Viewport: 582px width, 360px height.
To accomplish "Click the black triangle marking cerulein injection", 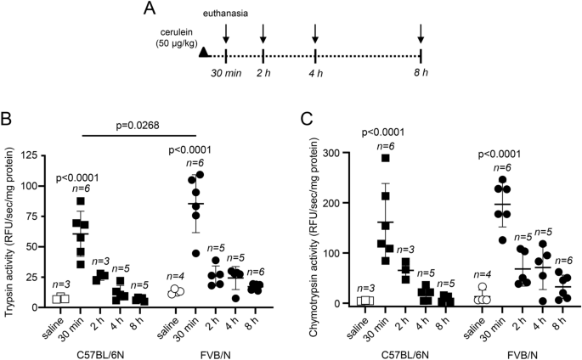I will (x=203, y=53).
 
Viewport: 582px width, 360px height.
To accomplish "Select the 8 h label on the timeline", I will (x=421, y=74).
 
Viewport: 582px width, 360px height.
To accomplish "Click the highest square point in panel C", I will (x=387, y=158).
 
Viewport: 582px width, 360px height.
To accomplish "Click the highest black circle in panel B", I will (x=201, y=175).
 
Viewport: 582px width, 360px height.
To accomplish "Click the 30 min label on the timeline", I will (x=227, y=74).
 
